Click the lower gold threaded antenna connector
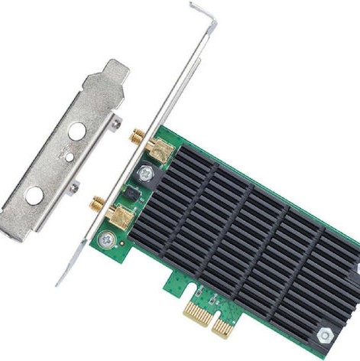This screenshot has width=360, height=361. (x=99, y=204)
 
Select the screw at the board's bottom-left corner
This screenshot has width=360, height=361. (x=106, y=241)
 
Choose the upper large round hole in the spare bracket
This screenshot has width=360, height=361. (x=77, y=132)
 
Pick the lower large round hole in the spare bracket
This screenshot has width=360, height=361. (x=34, y=195)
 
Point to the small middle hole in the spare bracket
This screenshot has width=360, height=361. (x=69, y=157)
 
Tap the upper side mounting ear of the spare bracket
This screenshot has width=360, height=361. (x=115, y=122)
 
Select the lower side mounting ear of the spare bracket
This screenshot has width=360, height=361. (x=74, y=187)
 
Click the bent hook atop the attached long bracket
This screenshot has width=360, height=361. (x=203, y=13)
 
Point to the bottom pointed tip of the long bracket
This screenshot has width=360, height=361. (x=59, y=282)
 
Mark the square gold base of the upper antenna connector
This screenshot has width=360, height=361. (x=158, y=150)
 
